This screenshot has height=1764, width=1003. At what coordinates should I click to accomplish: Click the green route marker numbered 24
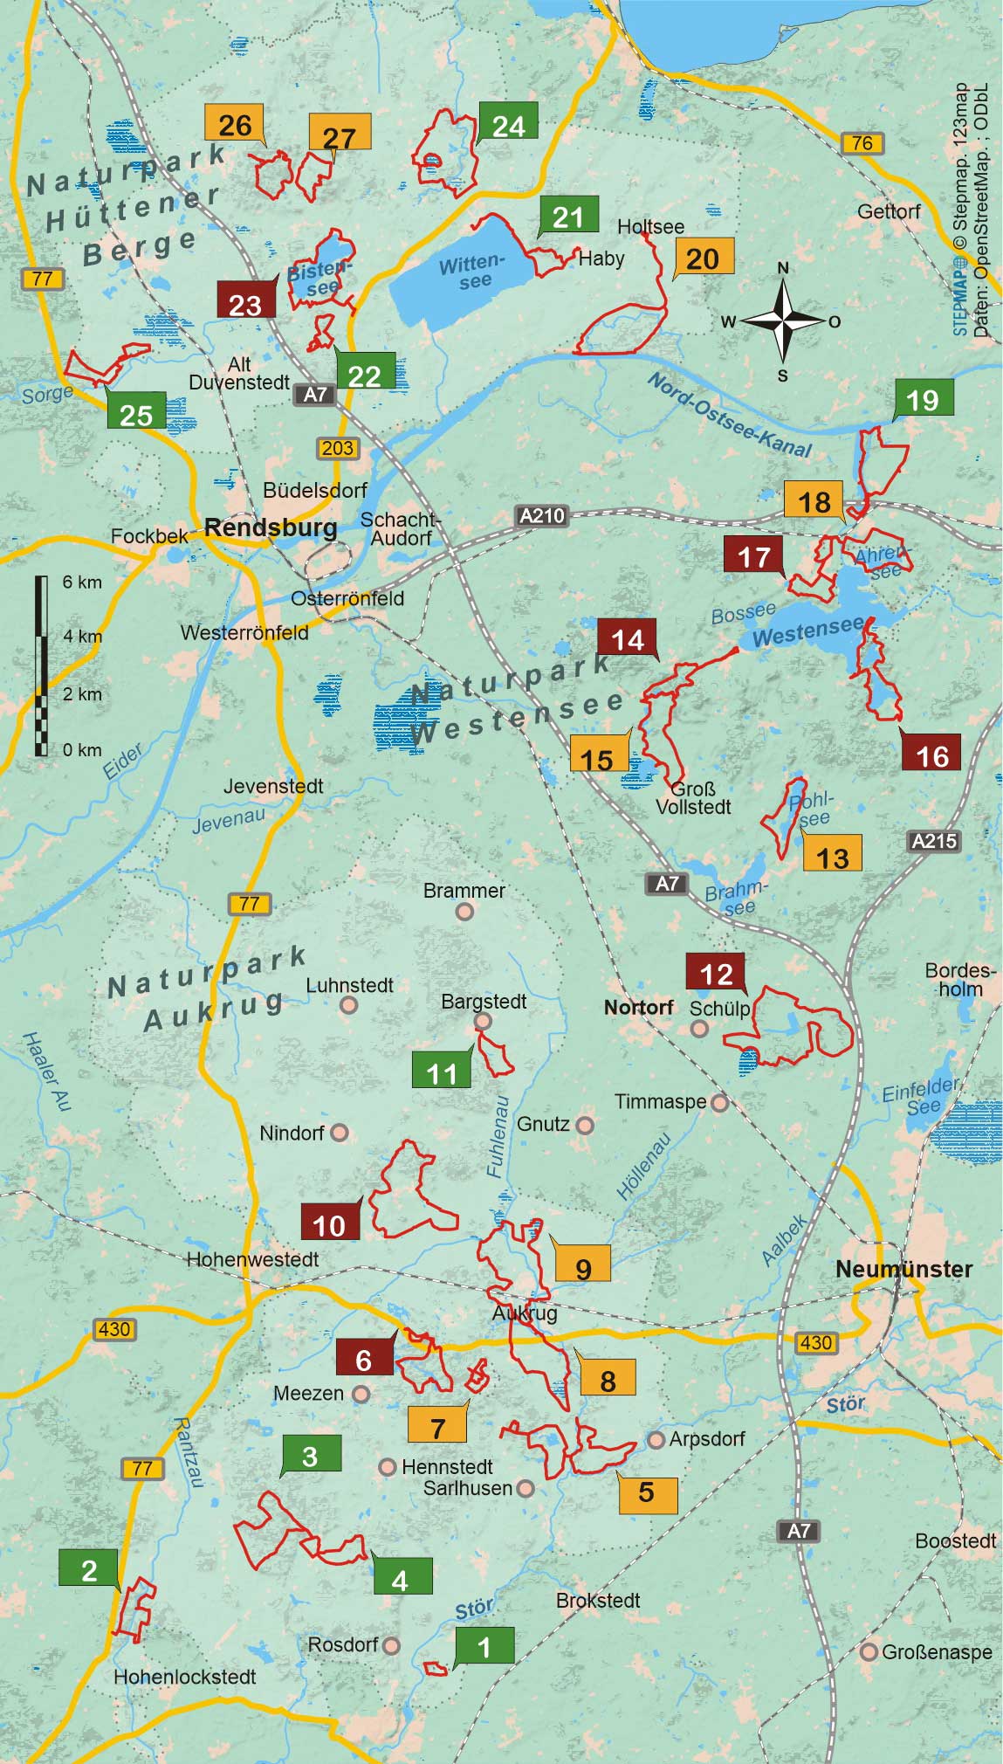508,125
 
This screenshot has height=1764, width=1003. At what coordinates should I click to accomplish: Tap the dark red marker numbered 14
628,639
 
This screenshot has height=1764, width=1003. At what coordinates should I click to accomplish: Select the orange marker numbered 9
583,1268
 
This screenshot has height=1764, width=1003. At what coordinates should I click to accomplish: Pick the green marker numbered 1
484,1647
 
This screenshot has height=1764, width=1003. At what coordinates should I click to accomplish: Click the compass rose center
783,321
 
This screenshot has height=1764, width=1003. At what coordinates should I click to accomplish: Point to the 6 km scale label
82,582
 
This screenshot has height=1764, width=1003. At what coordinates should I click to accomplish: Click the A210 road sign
542,515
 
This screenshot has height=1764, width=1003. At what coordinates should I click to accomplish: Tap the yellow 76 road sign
862,142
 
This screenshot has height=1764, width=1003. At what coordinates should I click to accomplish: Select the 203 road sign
337,448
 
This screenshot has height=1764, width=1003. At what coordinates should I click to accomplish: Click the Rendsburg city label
271,527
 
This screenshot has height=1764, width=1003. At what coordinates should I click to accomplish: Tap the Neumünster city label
903,1269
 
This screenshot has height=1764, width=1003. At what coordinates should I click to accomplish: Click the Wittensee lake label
472,272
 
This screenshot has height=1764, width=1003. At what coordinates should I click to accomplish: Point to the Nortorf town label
638,1007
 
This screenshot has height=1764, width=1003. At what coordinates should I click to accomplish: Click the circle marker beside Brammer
465,912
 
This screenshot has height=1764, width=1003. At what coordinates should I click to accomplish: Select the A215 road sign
934,841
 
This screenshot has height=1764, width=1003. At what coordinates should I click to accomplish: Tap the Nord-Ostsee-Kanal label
730,416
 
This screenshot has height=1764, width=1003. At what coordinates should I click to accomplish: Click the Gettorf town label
889,211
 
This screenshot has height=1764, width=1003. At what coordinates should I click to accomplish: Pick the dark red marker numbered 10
329,1224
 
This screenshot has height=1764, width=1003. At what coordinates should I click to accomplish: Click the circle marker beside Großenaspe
868,1652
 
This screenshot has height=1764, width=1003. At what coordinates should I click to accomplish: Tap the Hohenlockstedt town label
185,1677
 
